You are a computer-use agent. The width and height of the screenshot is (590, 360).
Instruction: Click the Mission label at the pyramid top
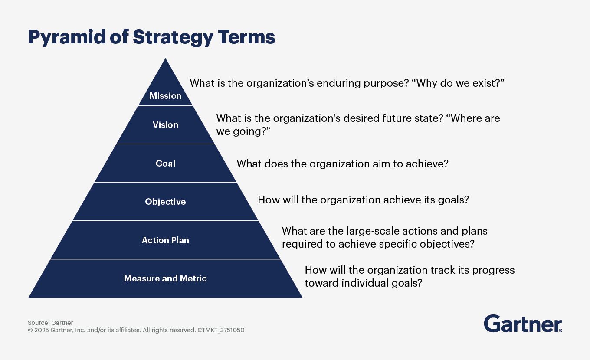click(x=165, y=96)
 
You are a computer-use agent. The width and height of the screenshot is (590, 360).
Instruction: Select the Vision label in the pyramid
click(x=165, y=125)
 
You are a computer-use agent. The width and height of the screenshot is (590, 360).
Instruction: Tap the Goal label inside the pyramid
click(x=165, y=164)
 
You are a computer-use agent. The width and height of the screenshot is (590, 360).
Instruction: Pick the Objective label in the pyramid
click(x=165, y=202)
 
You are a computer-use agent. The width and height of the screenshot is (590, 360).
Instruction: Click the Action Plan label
click(x=165, y=240)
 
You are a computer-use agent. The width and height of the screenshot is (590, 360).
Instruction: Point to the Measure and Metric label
click(x=165, y=278)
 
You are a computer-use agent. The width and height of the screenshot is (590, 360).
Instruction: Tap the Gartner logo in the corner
click(x=523, y=324)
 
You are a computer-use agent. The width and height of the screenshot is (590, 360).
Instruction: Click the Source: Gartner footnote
click(x=50, y=323)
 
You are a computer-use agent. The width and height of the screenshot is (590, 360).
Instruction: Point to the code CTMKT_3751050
click(x=221, y=330)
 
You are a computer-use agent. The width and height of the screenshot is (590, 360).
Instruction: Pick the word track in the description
click(x=443, y=270)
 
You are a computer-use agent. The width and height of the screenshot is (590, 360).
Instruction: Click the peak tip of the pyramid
click(x=165, y=59)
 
